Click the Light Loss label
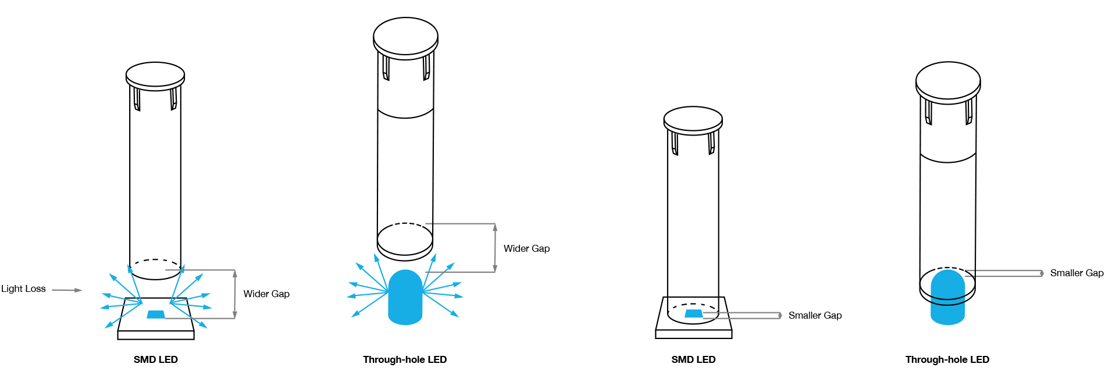pyautogui.click(x=23, y=289)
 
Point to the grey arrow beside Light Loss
pyautogui.click(x=67, y=290)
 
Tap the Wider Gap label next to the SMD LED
pyautogui.click(x=266, y=294)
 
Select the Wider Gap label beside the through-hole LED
pyautogui.click(x=526, y=249)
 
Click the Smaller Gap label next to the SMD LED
pyautogui.click(x=815, y=316)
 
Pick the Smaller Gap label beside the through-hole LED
pyautogui.click(x=1077, y=273)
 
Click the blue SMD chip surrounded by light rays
pyautogui.click(x=156, y=315)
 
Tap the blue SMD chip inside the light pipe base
pyautogui.click(x=694, y=313)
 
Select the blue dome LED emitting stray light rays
pyautogui.click(x=405, y=297)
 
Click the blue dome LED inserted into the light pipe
pyautogui.click(x=948, y=297)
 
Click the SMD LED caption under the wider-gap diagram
pyautogui.click(x=156, y=360)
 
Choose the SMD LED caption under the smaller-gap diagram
pyautogui.click(x=693, y=360)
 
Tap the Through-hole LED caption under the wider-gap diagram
pyautogui.click(x=405, y=360)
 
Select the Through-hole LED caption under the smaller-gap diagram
pyautogui.click(x=947, y=360)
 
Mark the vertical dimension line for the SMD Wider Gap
pyautogui.click(x=234, y=294)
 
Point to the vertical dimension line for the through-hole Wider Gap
pyautogui.click(x=495, y=248)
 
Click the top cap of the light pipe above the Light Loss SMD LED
pyautogui.click(x=155, y=76)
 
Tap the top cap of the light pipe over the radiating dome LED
pyautogui.click(x=405, y=38)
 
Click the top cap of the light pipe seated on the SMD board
pyautogui.click(x=693, y=120)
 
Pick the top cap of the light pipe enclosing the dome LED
pyautogui.click(x=948, y=82)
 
